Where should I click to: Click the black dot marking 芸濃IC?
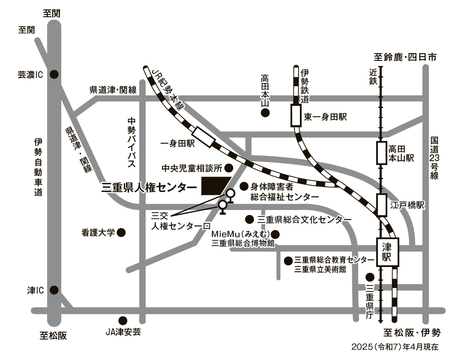[x=54, y=74]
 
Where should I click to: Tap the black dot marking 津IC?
[x=54, y=290]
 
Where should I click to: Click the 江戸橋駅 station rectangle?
[x=382, y=205]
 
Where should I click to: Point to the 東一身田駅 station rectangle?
[x=296, y=115]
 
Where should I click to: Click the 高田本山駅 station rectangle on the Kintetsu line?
[x=382, y=153]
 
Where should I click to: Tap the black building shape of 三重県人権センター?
[x=215, y=186]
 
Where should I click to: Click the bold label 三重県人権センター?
[x=149, y=187]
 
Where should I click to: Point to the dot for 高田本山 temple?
[x=266, y=113]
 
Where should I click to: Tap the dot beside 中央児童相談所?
[x=229, y=167]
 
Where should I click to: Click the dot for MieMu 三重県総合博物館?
[x=275, y=234]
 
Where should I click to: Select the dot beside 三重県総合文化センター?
[x=249, y=219]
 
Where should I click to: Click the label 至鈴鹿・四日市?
[x=405, y=57]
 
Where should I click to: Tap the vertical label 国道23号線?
[x=434, y=159]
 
